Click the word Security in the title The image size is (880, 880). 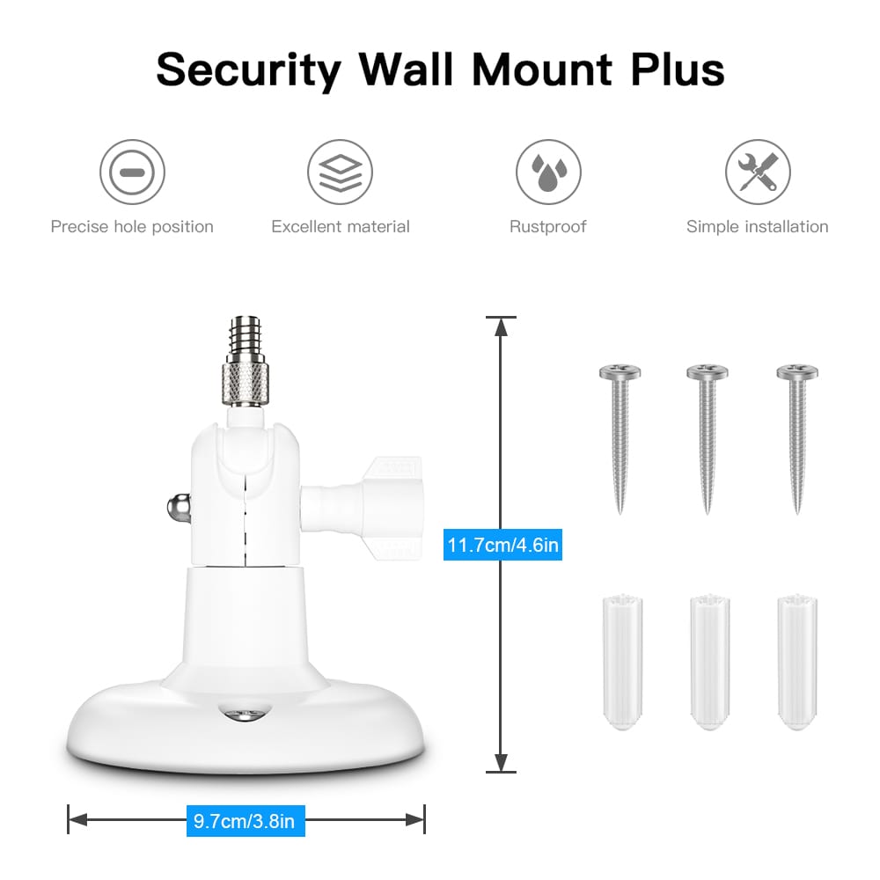pos(248,69)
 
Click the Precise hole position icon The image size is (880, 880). pos(132,172)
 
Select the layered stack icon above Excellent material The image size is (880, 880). pos(340,172)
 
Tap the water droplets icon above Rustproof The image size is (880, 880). pos(547,172)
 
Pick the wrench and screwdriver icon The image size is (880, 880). pos(757,172)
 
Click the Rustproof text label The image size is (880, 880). pos(547,227)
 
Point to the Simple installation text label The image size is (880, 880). pos(757,227)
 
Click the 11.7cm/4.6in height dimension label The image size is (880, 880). pos(502,546)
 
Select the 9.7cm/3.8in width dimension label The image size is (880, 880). pos(246,822)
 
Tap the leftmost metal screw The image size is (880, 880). pos(620,436)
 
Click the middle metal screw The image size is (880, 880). pos(707,436)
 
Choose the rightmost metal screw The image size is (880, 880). pos(796,436)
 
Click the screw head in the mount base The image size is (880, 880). pos(246,714)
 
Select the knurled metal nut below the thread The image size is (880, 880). pos(246,381)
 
